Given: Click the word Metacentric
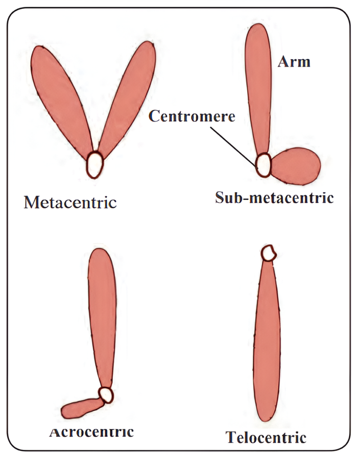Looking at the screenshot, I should pos(70,203).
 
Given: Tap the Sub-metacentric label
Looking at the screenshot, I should pos(274,197).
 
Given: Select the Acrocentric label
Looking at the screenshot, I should pos(91,432).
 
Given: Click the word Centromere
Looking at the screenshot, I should pos(192,116).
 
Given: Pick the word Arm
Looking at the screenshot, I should pos(294,61).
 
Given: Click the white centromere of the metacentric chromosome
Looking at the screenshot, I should pos(95,164).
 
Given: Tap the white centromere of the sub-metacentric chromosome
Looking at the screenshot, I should pos(263,164).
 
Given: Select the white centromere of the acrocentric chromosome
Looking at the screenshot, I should pos(106,394).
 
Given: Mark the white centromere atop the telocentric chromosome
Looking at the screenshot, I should pos(269,253).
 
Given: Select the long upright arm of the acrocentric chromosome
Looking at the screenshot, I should pos(102,312).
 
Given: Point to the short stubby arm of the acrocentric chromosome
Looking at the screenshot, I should pos(80,408).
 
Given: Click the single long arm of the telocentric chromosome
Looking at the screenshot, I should pos(267,343).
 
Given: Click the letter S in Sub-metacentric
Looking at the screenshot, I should pos(220,197).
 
